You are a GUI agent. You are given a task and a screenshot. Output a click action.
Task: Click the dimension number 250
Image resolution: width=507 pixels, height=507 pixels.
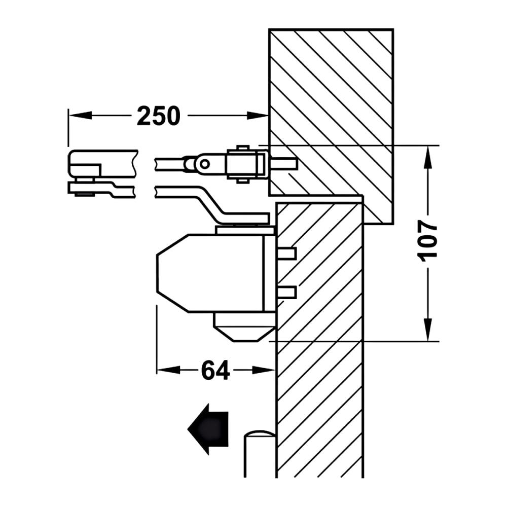click(158, 116)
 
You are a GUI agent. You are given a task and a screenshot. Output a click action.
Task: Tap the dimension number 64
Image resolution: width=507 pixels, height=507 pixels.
click(215, 370)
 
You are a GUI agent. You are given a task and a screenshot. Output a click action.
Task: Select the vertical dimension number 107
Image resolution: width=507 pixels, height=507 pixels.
click(427, 239)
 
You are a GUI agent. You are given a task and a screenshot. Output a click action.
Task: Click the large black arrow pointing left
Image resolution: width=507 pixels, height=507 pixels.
click(208, 429)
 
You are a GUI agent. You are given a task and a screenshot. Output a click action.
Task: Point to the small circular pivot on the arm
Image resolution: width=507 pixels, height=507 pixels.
click(204, 164)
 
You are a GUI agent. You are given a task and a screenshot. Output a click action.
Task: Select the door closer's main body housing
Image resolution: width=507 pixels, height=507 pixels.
click(216, 273)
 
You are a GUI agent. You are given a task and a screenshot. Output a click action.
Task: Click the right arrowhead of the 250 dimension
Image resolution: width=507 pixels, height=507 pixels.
click(258, 115)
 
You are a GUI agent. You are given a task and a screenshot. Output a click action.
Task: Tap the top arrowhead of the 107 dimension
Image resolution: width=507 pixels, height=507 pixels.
click(428, 157)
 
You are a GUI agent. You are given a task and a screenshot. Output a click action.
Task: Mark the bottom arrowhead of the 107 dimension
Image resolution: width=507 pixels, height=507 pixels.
click(428, 330)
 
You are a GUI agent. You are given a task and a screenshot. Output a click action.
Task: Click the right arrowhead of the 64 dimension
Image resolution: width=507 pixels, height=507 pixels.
click(264, 370)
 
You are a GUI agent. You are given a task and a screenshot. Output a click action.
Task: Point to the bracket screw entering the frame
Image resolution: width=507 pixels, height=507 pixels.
click(283, 164)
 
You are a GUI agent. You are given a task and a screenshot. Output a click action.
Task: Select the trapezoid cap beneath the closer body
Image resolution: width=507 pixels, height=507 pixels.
click(245, 327)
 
